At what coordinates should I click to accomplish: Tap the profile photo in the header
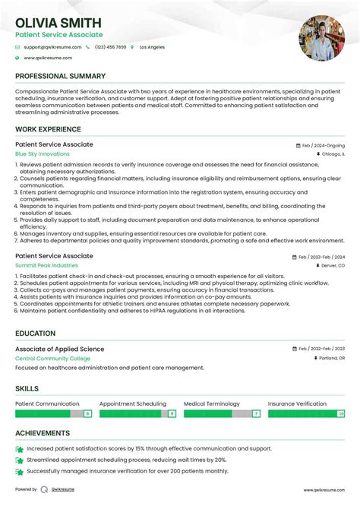click(x=322, y=38)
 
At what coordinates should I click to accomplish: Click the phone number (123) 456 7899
click(x=110, y=47)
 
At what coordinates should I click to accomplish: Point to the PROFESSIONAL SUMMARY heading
click(x=60, y=77)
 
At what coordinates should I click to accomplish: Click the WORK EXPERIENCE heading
click(x=48, y=129)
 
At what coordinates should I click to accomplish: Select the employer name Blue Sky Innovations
click(x=42, y=154)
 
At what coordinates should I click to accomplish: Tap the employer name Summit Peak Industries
click(x=46, y=266)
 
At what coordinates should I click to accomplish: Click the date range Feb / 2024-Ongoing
click(x=324, y=145)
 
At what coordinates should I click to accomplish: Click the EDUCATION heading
click(x=35, y=334)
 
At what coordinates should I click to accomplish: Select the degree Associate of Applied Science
click(x=60, y=349)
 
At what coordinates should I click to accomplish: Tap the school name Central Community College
click(x=52, y=359)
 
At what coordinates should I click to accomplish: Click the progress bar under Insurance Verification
click(x=306, y=414)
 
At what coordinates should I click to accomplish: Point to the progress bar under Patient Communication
click(x=54, y=414)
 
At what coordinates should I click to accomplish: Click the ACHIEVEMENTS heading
click(x=43, y=434)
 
